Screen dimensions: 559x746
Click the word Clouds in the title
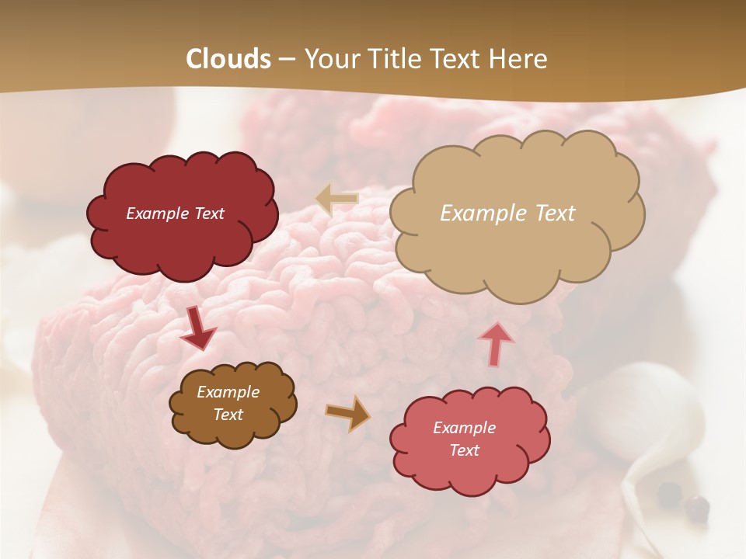(228, 59)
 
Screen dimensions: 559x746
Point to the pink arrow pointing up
(496, 344)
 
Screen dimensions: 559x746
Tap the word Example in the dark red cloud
(158, 214)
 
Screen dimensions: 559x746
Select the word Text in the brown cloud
(228, 415)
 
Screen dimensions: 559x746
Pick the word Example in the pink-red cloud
(464, 428)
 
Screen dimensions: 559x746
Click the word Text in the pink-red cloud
(464, 450)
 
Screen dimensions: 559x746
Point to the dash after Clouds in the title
(287, 60)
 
